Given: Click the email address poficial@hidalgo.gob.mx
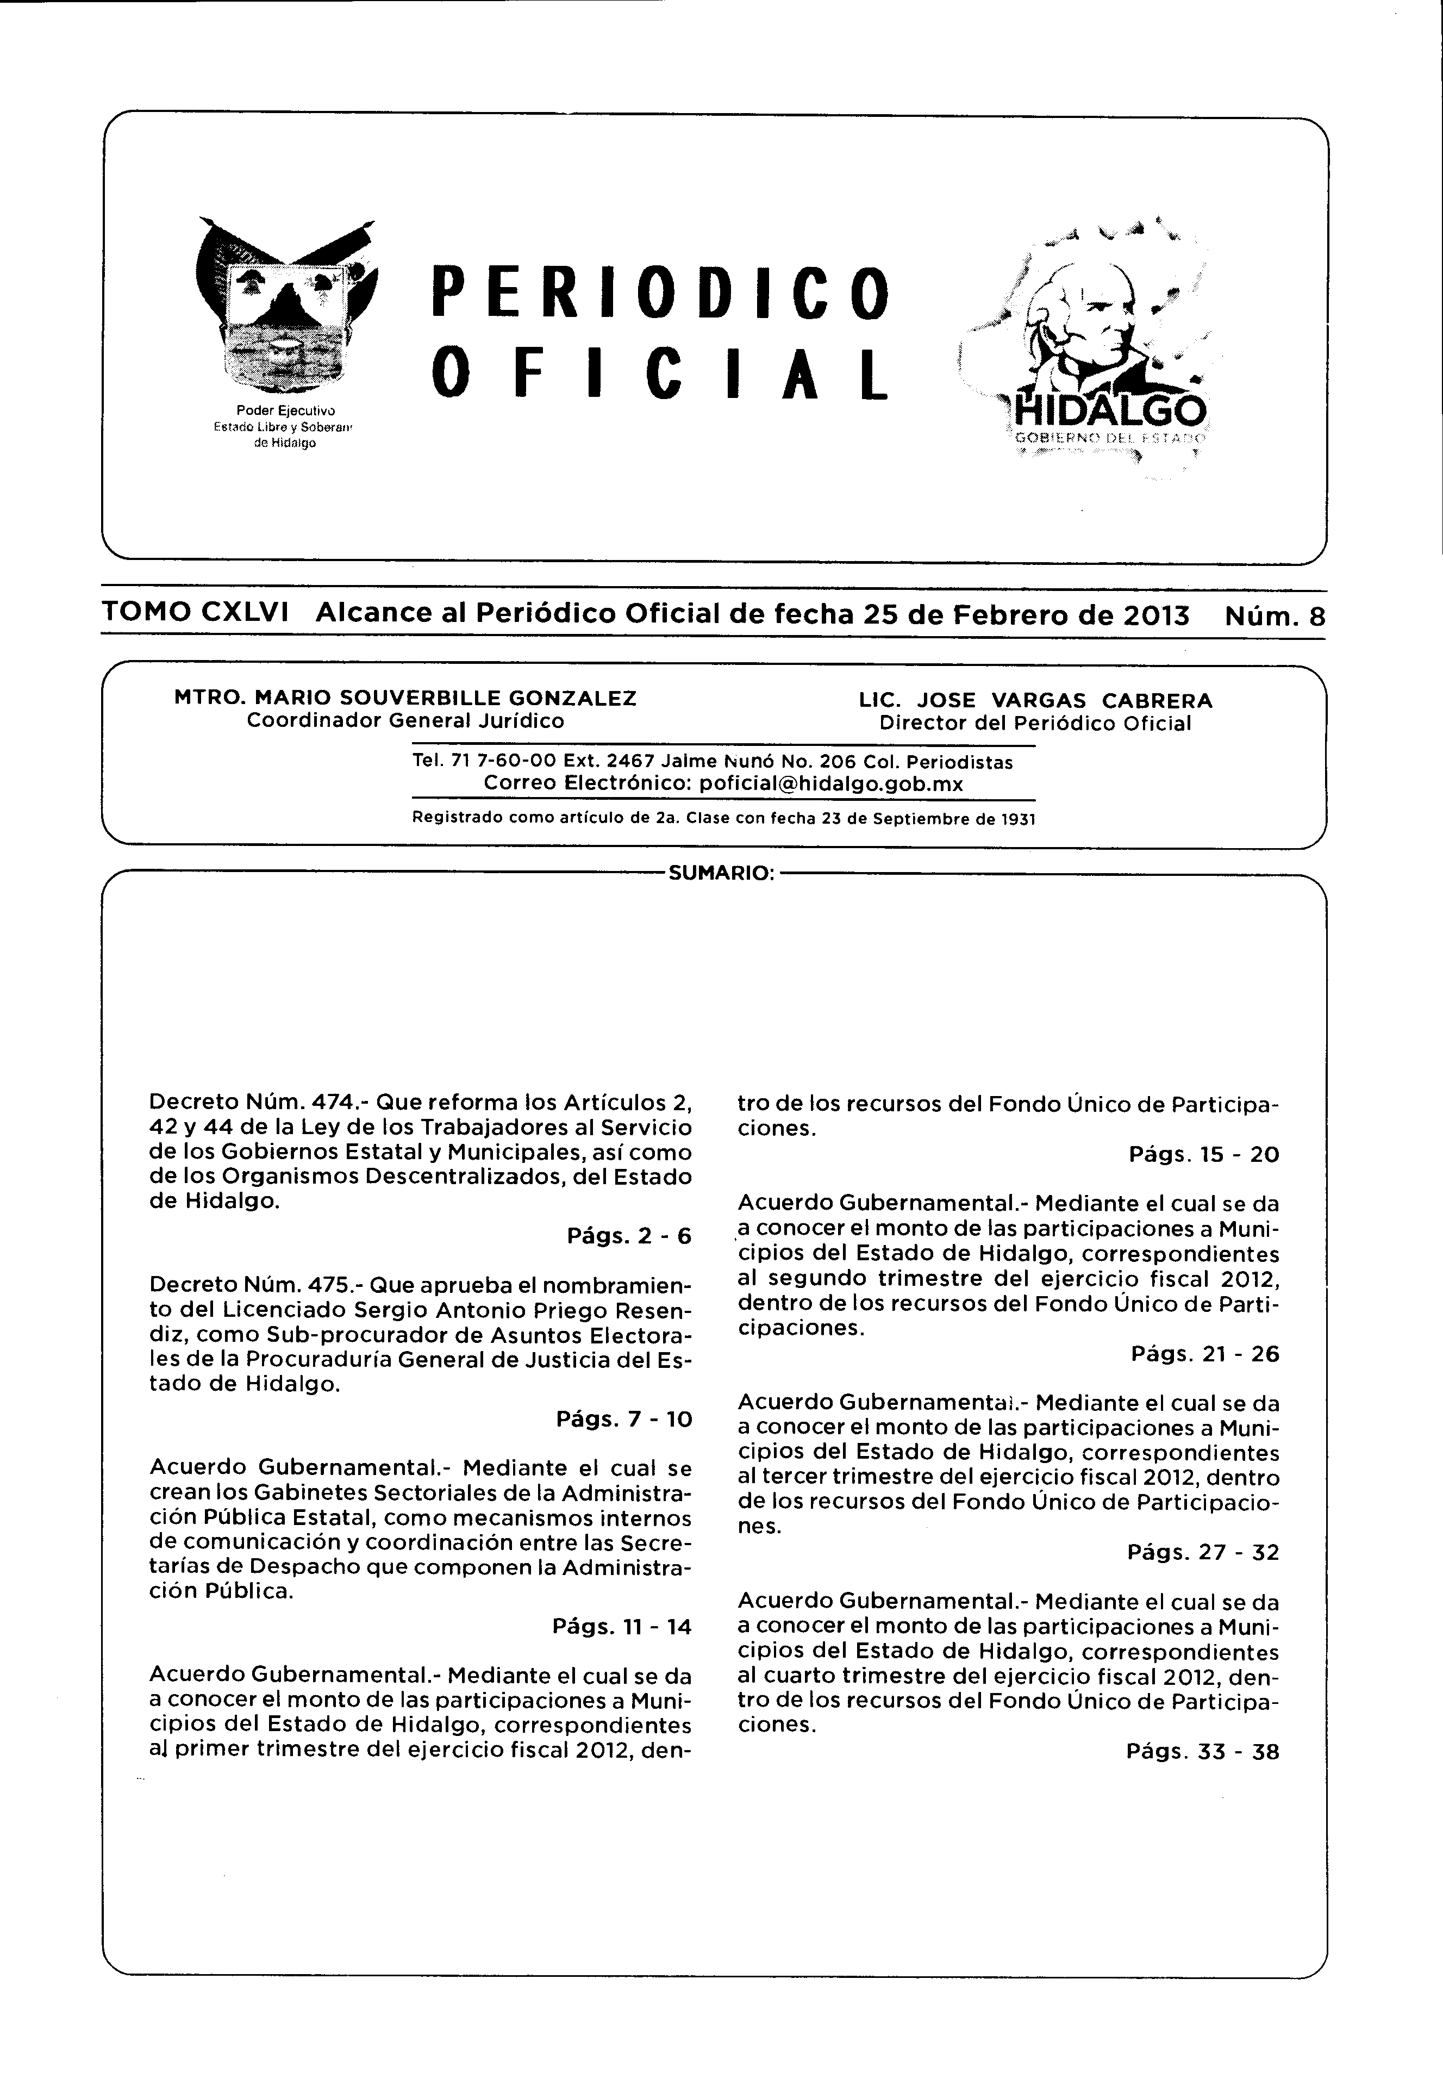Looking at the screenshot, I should point(831,783).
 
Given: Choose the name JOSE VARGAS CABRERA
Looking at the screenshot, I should point(1064,700).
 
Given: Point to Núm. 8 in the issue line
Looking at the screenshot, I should point(1275,616).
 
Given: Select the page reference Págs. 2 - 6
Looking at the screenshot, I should point(629,1235).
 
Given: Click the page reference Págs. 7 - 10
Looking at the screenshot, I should point(624,1419).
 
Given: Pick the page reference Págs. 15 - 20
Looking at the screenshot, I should point(1204,1155).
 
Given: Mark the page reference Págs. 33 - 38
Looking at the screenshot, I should point(1202,1752).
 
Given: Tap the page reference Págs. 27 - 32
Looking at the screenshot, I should point(1203,1553).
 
